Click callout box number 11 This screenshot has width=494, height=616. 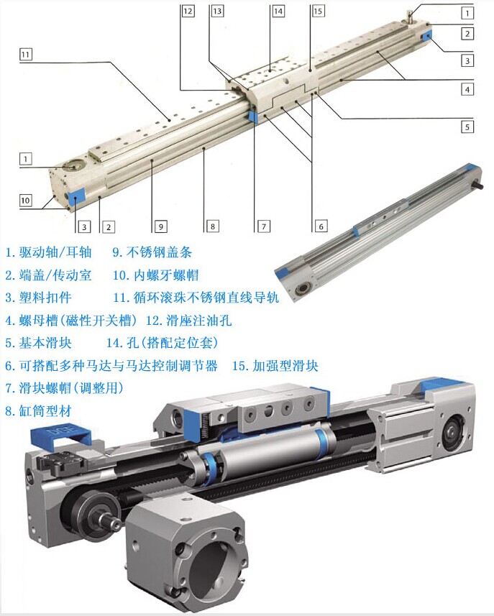(26, 54)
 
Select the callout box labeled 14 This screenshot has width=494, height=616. (278, 11)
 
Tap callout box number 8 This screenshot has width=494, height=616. (213, 226)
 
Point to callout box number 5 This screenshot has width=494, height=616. (467, 127)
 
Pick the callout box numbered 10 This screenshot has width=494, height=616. (25, 201)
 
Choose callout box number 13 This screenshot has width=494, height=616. (217, 11)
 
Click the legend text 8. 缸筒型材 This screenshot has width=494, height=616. (39, 411)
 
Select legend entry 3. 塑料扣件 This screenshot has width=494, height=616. (39, 298)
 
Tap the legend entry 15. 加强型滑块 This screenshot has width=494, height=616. (275, 366)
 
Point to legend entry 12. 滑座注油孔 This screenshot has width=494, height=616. (188, 321)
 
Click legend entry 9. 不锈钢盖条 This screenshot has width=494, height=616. (152, 252)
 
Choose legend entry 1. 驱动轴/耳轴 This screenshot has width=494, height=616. (48, 252)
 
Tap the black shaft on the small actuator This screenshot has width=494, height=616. (478, 185)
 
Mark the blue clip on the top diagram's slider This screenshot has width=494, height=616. (252, 116)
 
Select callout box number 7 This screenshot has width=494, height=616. (264, 226)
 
